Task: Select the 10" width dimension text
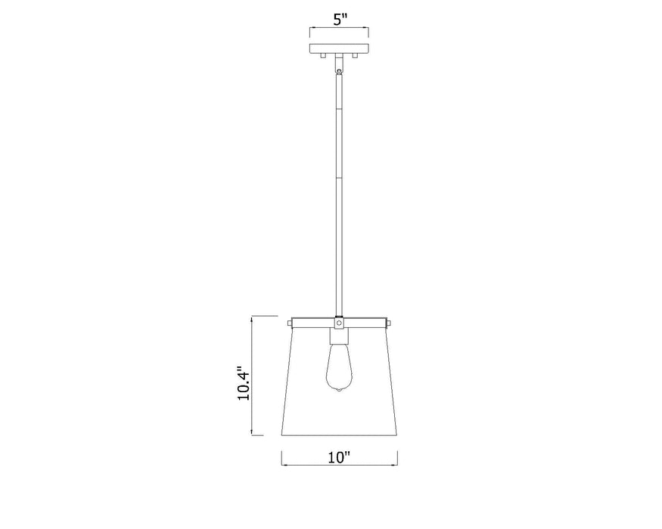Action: (x=340, y=457)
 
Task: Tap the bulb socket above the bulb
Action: (x=339, y=336)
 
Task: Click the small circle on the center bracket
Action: (x=340, y=322)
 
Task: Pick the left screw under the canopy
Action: (x=321, y=57)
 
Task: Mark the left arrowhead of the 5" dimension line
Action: (x=312, y=31)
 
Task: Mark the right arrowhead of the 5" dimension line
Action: (x=368, y=31)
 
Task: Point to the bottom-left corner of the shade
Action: (x=282, y=436)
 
